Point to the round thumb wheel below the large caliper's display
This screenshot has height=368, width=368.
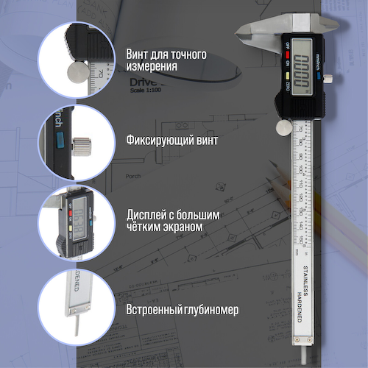(x=283, y=128)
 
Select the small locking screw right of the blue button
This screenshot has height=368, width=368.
(x=330, y=77)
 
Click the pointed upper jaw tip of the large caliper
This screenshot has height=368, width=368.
(x=241, y=30)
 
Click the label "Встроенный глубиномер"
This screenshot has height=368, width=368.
(x=182, y=310)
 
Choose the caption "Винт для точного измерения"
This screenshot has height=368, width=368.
(x=166, y=60)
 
